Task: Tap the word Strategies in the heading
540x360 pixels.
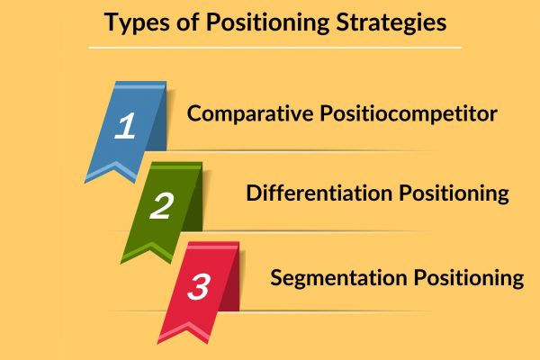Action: (391, 22)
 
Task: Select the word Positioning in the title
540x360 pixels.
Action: (267, 22)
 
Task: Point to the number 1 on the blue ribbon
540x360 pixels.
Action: (125, 126)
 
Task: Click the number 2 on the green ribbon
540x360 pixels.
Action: (161, 206)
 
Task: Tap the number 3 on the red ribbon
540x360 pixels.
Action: (199, 286)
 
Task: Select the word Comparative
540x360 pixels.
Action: (250, 113)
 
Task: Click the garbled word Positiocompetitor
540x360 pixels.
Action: (409, 114)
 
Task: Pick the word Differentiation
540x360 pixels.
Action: (319, 193)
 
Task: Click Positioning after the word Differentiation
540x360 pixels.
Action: (454, 193)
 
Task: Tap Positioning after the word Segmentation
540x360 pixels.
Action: (469, 278)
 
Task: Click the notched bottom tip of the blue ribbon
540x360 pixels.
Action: (116, 166)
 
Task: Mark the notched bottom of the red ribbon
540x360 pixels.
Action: (188, 327)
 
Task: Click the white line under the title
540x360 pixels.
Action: (274, 48)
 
